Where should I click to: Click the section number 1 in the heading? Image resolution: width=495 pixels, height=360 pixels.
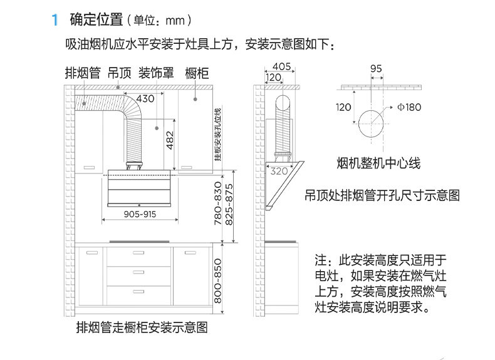(55, 20)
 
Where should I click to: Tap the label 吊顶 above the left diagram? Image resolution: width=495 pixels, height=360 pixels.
(119, 73)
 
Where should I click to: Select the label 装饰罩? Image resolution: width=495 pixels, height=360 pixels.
(156, 73)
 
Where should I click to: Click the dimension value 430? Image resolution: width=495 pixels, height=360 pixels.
(145, 98)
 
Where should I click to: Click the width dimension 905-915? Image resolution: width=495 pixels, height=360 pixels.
(140, 214)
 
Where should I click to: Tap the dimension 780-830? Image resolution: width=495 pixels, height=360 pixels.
(218, 203)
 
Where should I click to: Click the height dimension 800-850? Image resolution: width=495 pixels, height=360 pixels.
(218, 282)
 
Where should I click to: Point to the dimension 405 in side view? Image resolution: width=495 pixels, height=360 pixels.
(281, 66)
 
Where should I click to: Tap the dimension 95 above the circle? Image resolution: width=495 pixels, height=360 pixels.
(376, 68)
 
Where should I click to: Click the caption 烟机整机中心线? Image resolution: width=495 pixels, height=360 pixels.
(378, 164)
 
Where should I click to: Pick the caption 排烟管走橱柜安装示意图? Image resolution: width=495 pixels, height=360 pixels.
(142, 327)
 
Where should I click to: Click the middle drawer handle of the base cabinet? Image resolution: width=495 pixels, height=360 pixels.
(138, 272)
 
